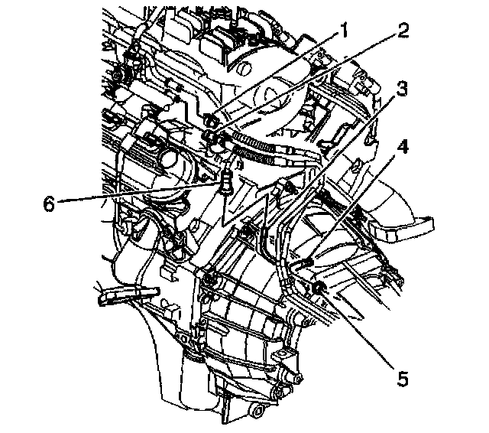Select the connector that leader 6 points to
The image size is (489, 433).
click(225, 184)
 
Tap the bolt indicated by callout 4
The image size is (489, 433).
click(307, 264)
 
